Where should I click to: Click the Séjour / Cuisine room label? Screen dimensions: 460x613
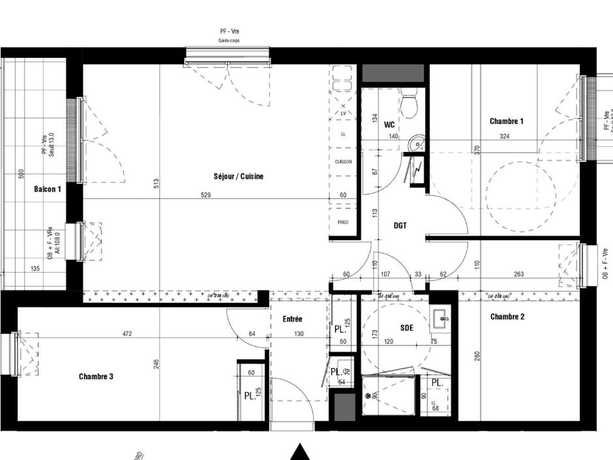(x=238, y=176)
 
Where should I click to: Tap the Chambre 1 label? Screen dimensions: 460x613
(x=507, y=121)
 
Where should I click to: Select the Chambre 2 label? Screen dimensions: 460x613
(x=507, y=317)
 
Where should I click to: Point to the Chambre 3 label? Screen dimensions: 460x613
(x=96, y=376)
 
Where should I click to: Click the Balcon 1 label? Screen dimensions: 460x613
(x=48, y=189)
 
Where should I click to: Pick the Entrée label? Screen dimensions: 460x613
(x=292, y=319)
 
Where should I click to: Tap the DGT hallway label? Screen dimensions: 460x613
(x=400, y=226)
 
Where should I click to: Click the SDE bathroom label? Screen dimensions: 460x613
(x=407, y=328)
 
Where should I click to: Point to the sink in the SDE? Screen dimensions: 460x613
(x=441, y=320)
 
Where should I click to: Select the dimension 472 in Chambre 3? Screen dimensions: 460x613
(x=127, y=334)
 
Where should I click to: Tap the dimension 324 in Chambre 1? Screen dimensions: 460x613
(x=503, y=137)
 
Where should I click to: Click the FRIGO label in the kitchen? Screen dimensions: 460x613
(x=343, y=222)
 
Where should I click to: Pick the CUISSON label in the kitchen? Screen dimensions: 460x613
(x=344, y=161)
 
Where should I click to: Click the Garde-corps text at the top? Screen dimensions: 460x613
(x=228, y=40)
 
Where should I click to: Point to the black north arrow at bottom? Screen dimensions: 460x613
(x=299, y=452)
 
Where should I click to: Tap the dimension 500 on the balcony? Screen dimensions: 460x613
(x=22, y=174)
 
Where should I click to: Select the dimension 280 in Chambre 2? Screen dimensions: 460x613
(x=477, y=356)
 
